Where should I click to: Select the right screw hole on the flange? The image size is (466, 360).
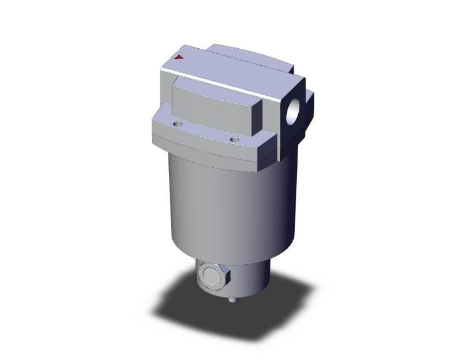(x=234, y=139)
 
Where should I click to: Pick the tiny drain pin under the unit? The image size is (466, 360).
(x=234, y=301)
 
